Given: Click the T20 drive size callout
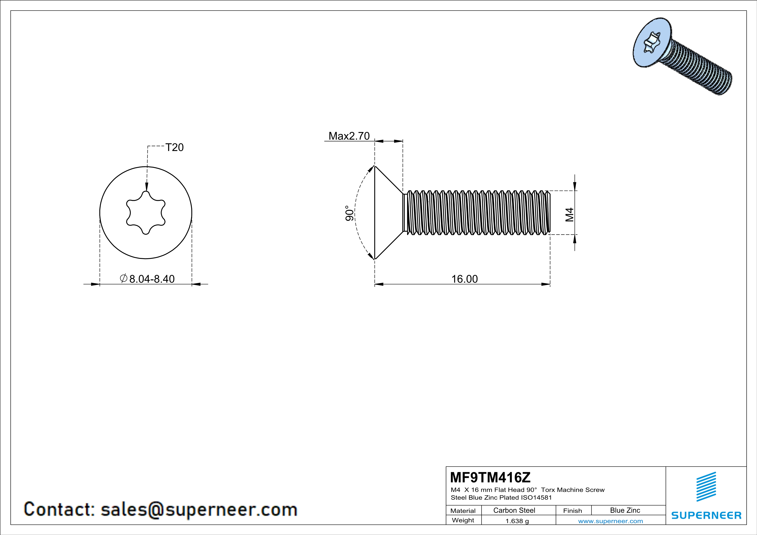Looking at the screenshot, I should point(174,147).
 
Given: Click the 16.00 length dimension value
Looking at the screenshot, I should point(464,279).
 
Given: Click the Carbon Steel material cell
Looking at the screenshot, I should point(514,510).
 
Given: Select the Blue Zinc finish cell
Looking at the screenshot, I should point(625,510).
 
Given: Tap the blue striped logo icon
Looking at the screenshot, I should point(706,487).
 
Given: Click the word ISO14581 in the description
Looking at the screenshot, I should point(536,497).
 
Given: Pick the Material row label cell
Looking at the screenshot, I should point(463,511).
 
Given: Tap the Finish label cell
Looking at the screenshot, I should point(572,511).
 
